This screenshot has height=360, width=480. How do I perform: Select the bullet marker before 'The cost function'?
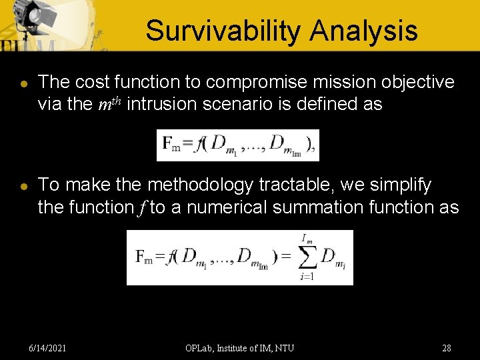click(x=23, y=84)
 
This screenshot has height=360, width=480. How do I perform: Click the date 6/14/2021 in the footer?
click(x=47, y=348)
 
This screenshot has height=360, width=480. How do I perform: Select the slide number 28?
click(x=447, y=348)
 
